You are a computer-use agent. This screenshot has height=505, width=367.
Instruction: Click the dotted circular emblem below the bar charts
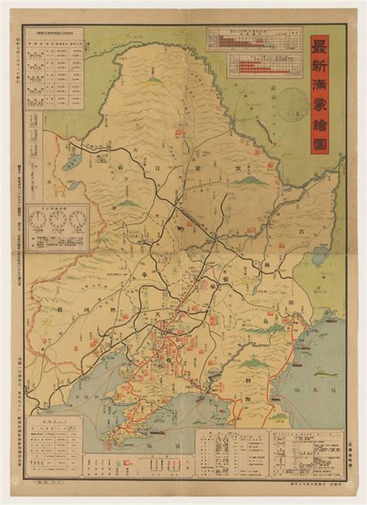[292, 104]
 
